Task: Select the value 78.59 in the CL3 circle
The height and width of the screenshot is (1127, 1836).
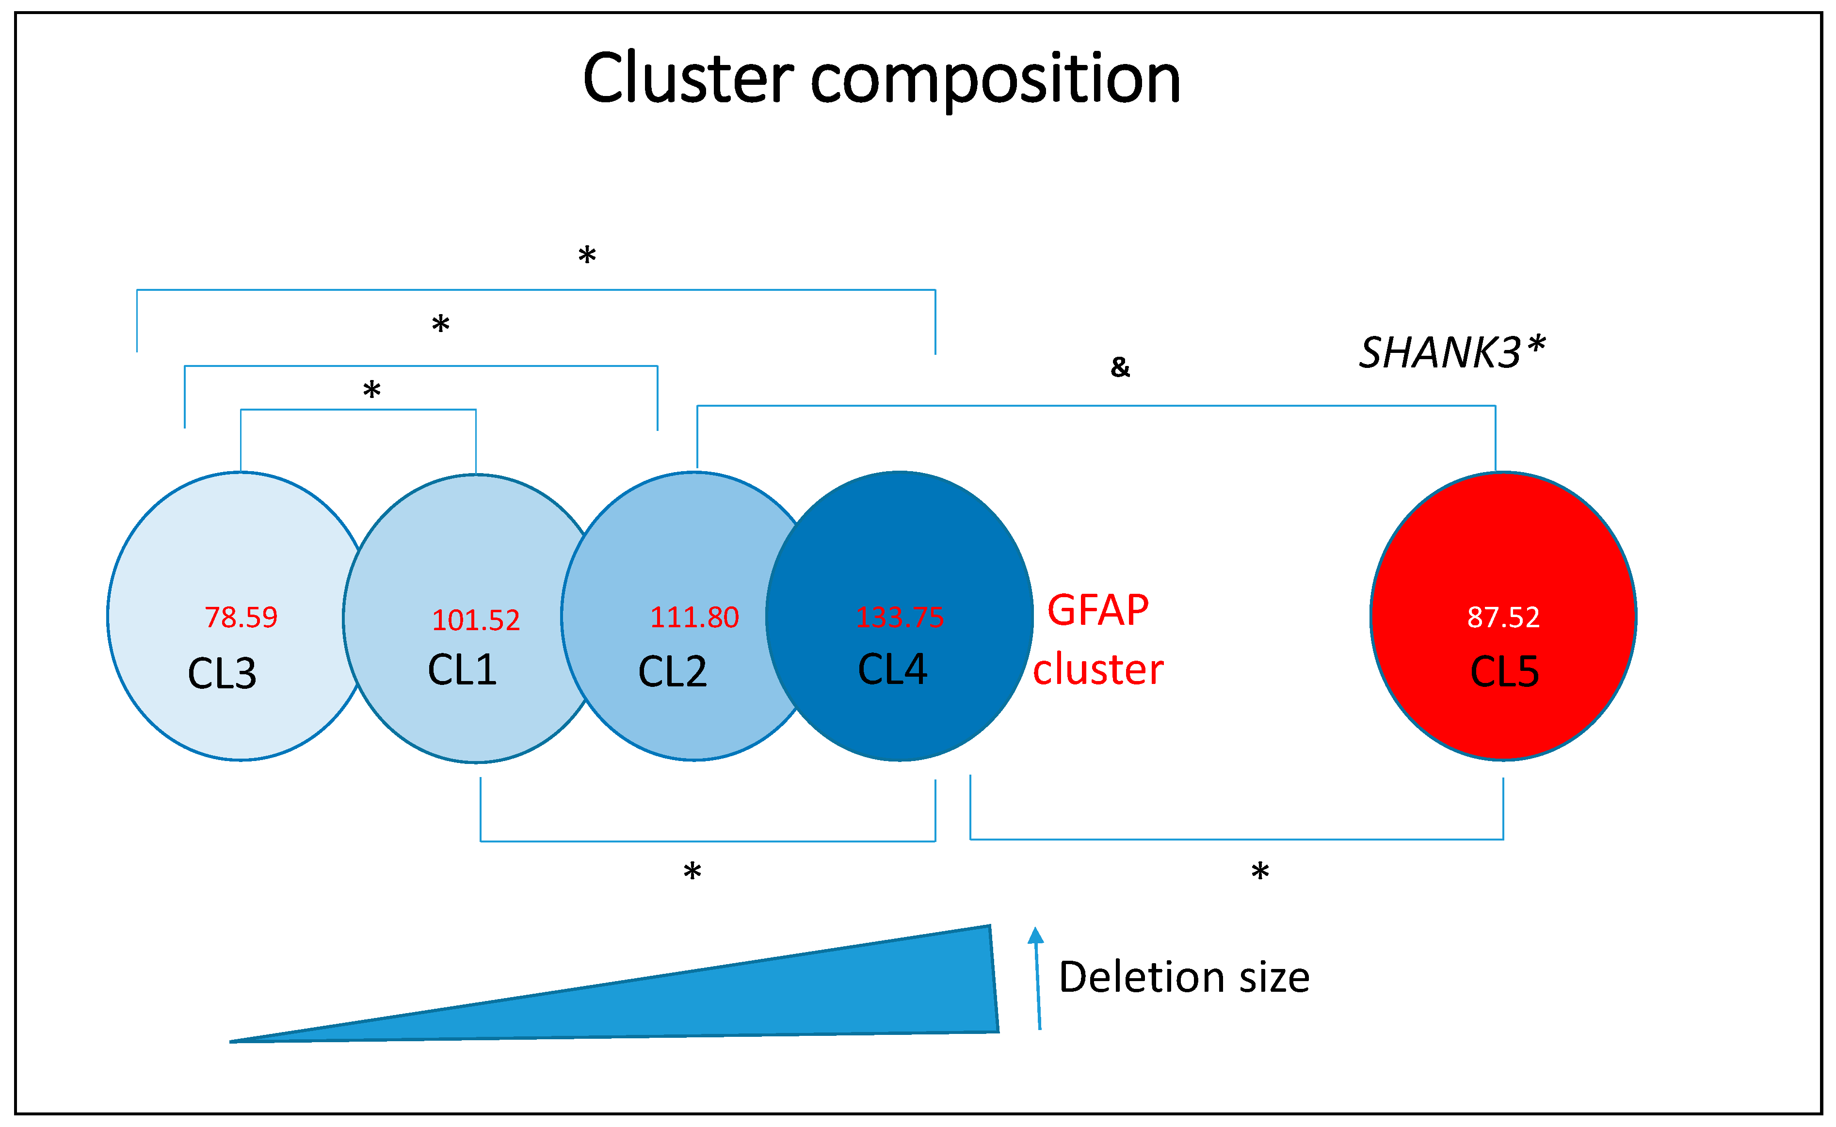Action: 241,617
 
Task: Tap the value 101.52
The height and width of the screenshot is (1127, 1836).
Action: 476,620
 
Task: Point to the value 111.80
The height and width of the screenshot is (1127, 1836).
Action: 694,617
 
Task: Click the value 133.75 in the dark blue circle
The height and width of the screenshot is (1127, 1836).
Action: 900,617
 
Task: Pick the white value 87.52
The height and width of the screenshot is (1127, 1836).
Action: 1503,617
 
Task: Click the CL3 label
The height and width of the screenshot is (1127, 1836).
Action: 222,674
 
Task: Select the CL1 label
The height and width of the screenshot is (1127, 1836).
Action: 462,669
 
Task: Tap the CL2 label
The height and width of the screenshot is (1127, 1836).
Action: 673,671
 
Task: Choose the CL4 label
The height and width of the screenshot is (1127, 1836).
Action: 893,668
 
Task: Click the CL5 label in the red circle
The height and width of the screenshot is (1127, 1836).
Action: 1505,671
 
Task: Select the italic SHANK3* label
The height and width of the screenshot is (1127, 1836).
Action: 1452,352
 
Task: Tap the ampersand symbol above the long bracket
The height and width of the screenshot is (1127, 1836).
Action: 1120,367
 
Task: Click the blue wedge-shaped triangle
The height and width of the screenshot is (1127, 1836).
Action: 746,999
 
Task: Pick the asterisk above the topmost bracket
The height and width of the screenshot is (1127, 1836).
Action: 587,255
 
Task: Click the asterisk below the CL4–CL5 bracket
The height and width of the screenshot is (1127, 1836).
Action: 1260,872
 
